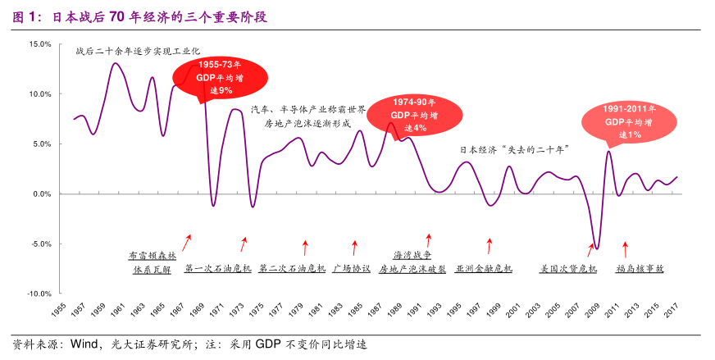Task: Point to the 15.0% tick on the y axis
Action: [39, 43]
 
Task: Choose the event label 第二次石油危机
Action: [291, 268]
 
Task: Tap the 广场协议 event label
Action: [352, 268]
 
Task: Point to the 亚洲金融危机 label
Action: [483, 268]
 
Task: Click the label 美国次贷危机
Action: [568, 268]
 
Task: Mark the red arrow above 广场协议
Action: [354, 246]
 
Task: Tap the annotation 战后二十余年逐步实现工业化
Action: [138, 51]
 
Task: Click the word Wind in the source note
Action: [84, 344]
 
